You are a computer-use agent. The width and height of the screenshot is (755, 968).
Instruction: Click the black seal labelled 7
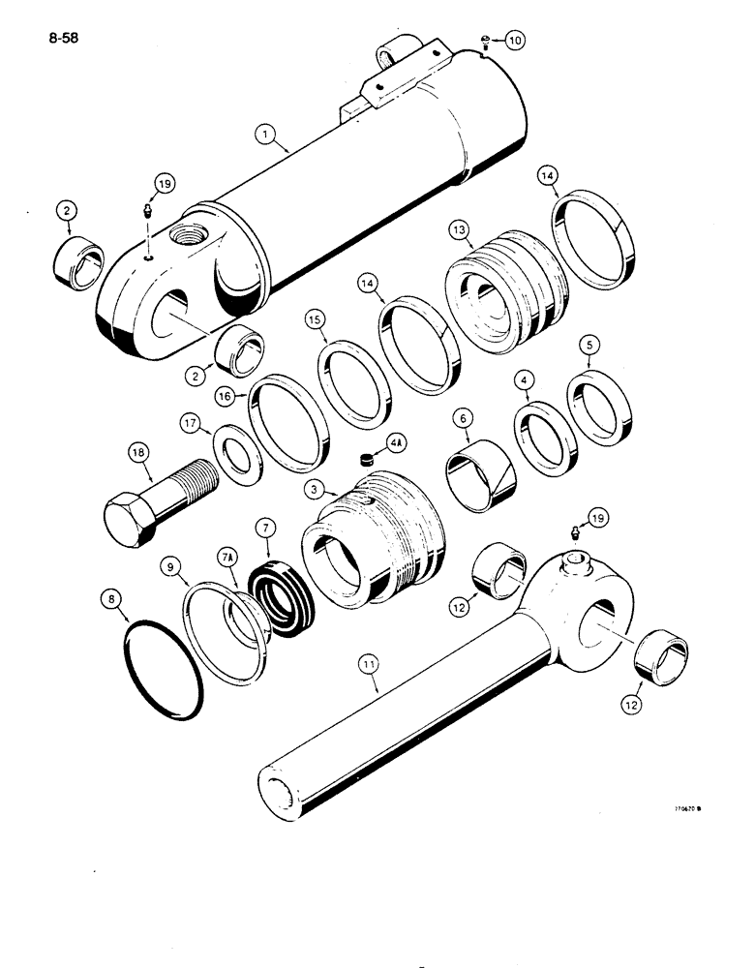tap(284, 594)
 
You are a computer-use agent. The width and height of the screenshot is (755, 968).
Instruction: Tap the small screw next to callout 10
tap(483, 40)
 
